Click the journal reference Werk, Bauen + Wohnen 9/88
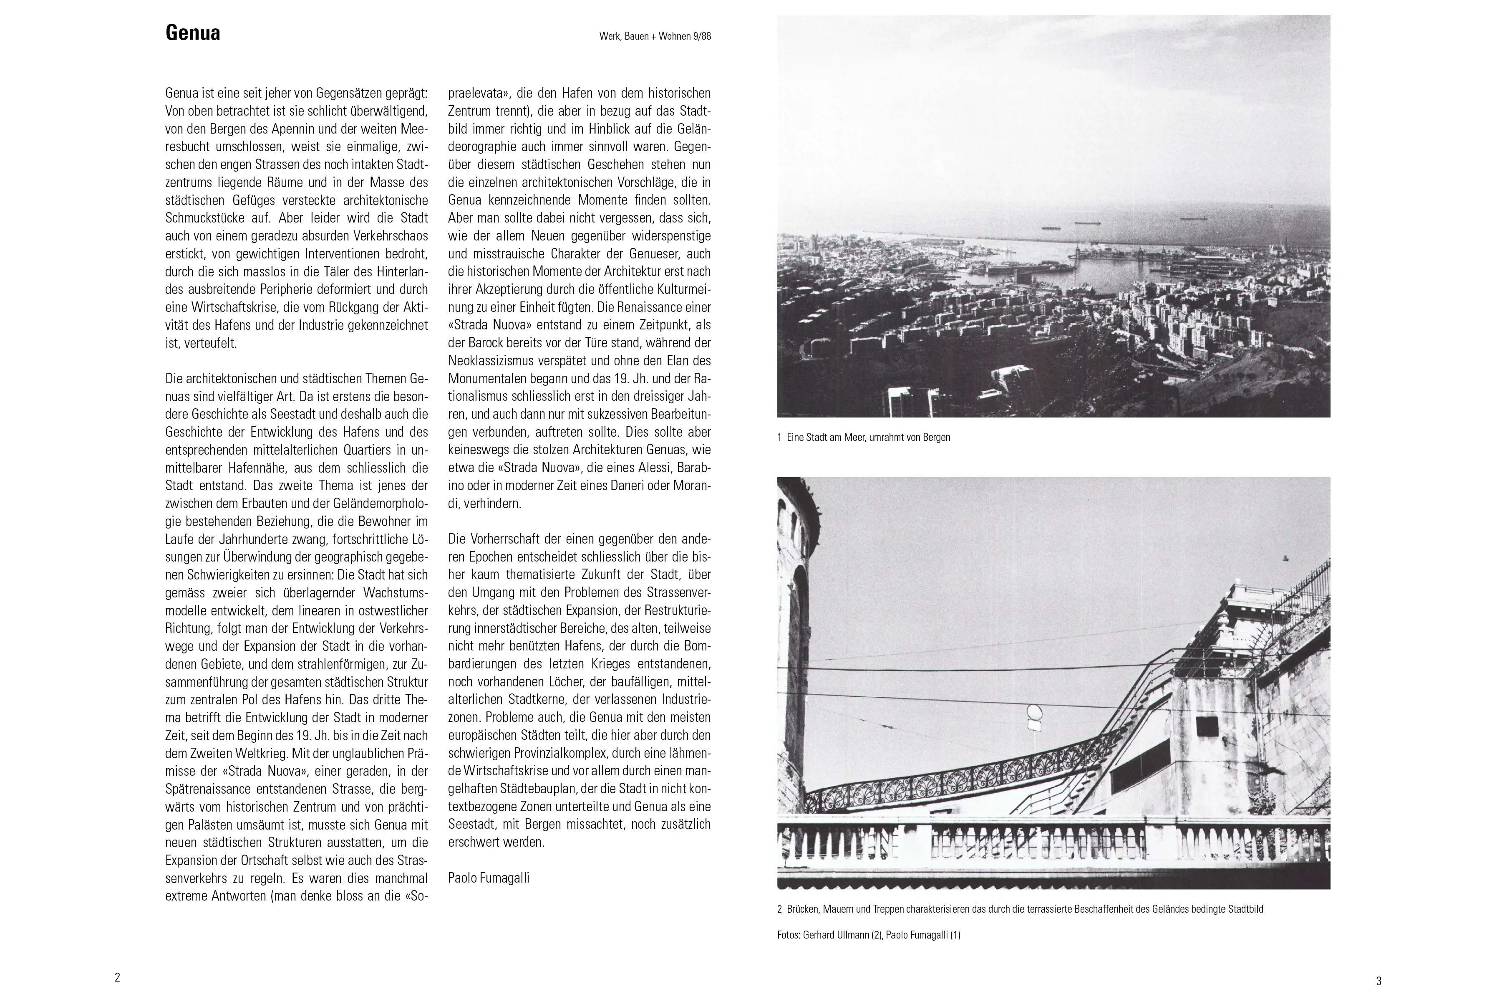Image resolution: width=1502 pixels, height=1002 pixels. (x=655, y=36)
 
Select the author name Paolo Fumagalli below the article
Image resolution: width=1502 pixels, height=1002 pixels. (x=489, y=878)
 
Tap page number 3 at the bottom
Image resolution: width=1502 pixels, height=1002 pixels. (x=1379, y=981)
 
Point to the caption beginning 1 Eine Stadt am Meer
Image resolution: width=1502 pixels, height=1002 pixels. (x=863, y=438)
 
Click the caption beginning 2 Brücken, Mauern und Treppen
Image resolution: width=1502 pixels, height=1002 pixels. (x=1020, y=909)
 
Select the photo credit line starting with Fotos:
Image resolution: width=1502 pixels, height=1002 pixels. (x=869, y=935)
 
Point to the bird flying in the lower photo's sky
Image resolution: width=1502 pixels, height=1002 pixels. (x=1283, y=559)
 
